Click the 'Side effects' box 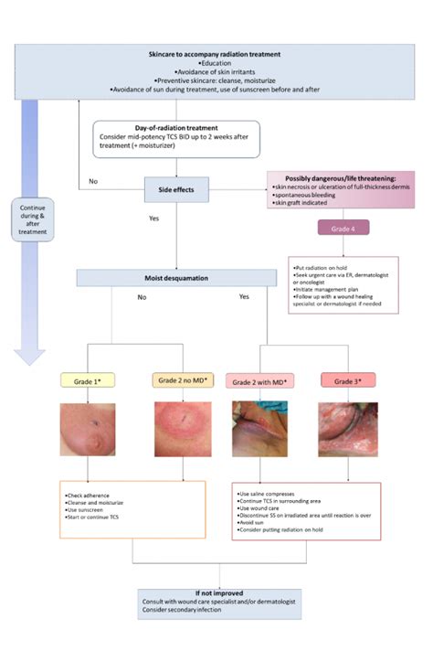point(175,189)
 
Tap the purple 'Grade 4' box point(343,229)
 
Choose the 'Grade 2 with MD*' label point(260,380)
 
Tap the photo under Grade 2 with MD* point(260,431)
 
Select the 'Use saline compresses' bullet point(274,495)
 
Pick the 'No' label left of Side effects point(93,181)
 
